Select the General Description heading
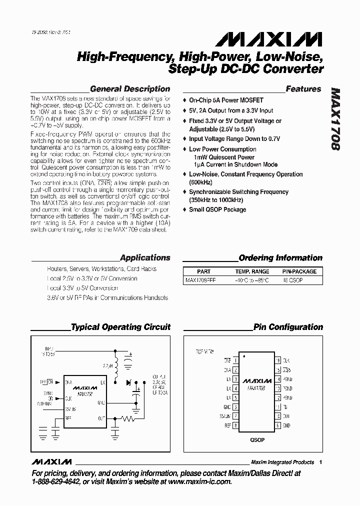click(130, 89)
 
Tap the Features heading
click(303, 89)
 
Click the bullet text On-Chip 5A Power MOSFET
click(226, 100)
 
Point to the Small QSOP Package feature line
click(217, 209)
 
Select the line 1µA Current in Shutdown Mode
click(235, 164)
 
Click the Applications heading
click(145, 258)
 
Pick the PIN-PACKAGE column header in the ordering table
click(299, 271)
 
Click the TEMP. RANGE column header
click(252, 271)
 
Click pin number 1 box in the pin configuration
click(235, 360)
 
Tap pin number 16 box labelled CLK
click(277, 360)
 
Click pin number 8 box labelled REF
click(235, 425)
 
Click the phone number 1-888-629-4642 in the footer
click(55, 481)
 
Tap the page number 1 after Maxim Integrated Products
click(320, 462)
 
